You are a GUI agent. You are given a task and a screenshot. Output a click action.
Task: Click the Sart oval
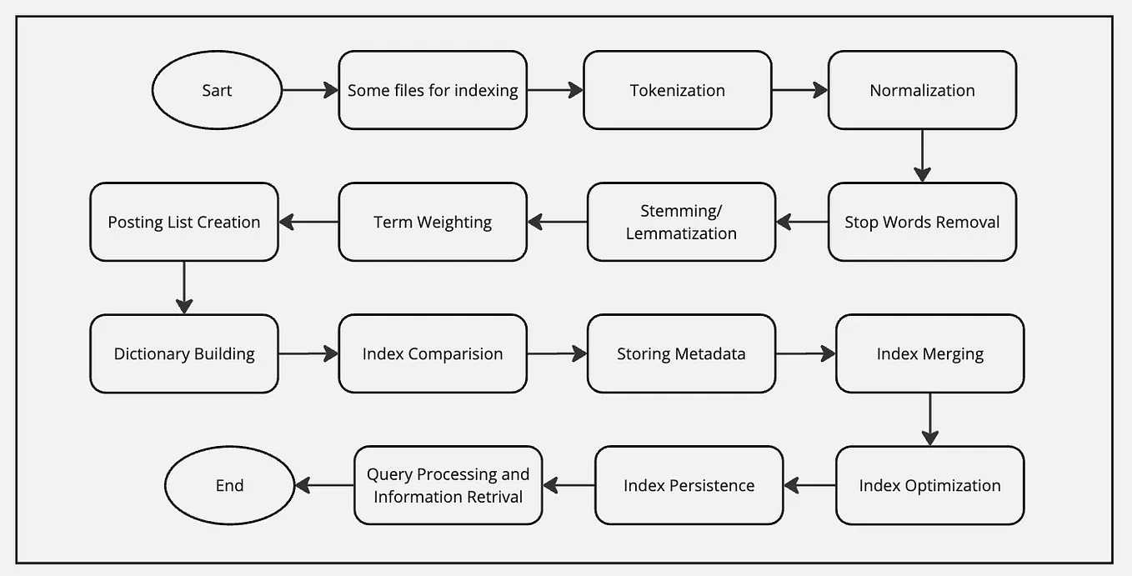[x=217, y=90]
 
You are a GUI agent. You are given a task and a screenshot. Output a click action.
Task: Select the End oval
[x=229, y=485]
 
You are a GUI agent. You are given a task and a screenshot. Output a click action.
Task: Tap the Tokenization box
[x=677, y=90]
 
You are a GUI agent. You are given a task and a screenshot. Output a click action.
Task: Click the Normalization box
[x=922, y=90]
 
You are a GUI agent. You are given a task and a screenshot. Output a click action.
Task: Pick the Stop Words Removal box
[x=922, y=222]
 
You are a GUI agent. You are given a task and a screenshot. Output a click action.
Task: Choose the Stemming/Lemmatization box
[x=681, y=222]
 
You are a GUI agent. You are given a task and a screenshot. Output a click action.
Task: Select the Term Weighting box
[x=433, y=222]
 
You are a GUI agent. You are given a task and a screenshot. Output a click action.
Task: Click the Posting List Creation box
[x=183, y=222]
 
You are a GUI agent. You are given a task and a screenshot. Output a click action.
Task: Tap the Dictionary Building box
[x=183, y=353]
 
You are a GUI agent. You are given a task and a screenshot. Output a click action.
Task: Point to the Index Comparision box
[x=433, y=353]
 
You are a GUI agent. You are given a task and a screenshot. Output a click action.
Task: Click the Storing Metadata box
[x=681, y=353]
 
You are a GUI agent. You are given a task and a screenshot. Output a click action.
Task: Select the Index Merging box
[x=929, y=353]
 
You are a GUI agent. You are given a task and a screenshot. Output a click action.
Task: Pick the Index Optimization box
[x=929, y=485]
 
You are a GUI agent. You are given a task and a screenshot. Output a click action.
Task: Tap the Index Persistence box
[x=689, y=485]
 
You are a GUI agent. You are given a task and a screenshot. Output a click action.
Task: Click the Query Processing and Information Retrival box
[x=448, y=485]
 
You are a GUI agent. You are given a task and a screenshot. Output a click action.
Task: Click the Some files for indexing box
[x=433, y=90]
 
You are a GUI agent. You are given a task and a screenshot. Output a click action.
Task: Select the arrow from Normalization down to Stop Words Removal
[x=922, y=156]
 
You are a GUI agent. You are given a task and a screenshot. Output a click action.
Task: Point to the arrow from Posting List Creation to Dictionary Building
[x=183, y=288]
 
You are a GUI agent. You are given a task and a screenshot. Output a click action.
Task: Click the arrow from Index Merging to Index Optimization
[x=929, y=419]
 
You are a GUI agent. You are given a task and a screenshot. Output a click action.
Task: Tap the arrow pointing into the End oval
[x=324, y=485]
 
